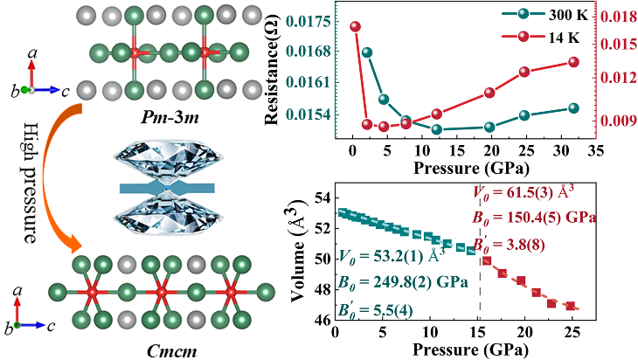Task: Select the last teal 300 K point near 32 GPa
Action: coord(573,107)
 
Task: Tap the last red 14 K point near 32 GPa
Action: coord(573,62)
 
